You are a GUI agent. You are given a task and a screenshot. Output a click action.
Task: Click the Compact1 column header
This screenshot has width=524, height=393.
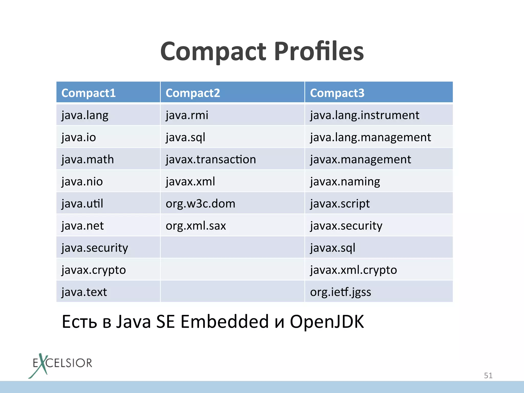[89, 93]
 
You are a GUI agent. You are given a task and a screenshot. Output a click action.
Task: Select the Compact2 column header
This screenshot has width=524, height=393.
[193, 93]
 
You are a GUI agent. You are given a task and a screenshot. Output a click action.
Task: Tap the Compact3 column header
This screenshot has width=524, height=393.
[337, 93]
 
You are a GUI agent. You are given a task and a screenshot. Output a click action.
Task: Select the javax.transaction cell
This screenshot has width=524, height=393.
[211, 159]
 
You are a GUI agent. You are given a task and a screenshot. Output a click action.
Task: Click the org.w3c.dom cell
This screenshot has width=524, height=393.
[200, 204]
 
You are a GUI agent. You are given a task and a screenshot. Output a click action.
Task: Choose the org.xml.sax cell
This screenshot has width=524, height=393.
[196, 226]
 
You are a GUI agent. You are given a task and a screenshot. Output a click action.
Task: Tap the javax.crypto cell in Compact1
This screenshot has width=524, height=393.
[94, 270]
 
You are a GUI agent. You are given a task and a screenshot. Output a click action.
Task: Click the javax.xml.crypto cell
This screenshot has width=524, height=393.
[353, 270]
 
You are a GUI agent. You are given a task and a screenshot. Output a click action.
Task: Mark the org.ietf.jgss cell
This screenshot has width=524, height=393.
[340, 292]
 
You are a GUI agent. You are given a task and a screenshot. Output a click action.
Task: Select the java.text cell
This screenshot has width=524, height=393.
[84, 292]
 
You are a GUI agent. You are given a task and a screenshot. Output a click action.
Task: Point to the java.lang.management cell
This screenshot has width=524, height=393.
[370, 137]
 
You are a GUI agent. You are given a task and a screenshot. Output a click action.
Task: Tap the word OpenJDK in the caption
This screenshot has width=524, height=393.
[327, 322]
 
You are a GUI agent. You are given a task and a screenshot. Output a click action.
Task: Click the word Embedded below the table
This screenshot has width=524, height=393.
[225, 322]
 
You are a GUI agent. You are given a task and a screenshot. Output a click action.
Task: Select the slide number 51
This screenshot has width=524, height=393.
[488, 375]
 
